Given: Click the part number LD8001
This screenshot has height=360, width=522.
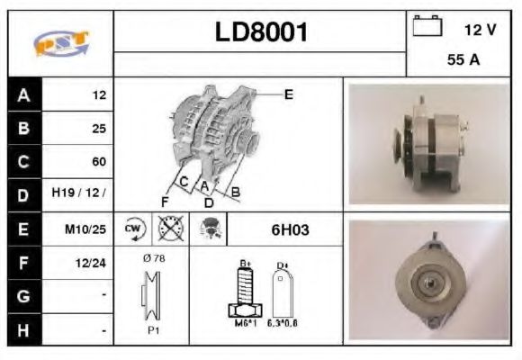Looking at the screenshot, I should tap(261, 32).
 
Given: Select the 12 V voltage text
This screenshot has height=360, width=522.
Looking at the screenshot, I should tap(480, 30).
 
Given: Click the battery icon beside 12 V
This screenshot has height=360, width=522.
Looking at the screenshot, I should tap(427, 27).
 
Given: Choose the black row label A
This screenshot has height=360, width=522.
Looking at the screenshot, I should tap(22, 95).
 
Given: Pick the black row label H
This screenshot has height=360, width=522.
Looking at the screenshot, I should tap(22, 330).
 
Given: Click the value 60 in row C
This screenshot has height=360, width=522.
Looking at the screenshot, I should tap(99, 162).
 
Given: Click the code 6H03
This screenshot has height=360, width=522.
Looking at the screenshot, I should tap(290, 229).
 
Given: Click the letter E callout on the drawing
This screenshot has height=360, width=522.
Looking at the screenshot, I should tap(288, 94).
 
